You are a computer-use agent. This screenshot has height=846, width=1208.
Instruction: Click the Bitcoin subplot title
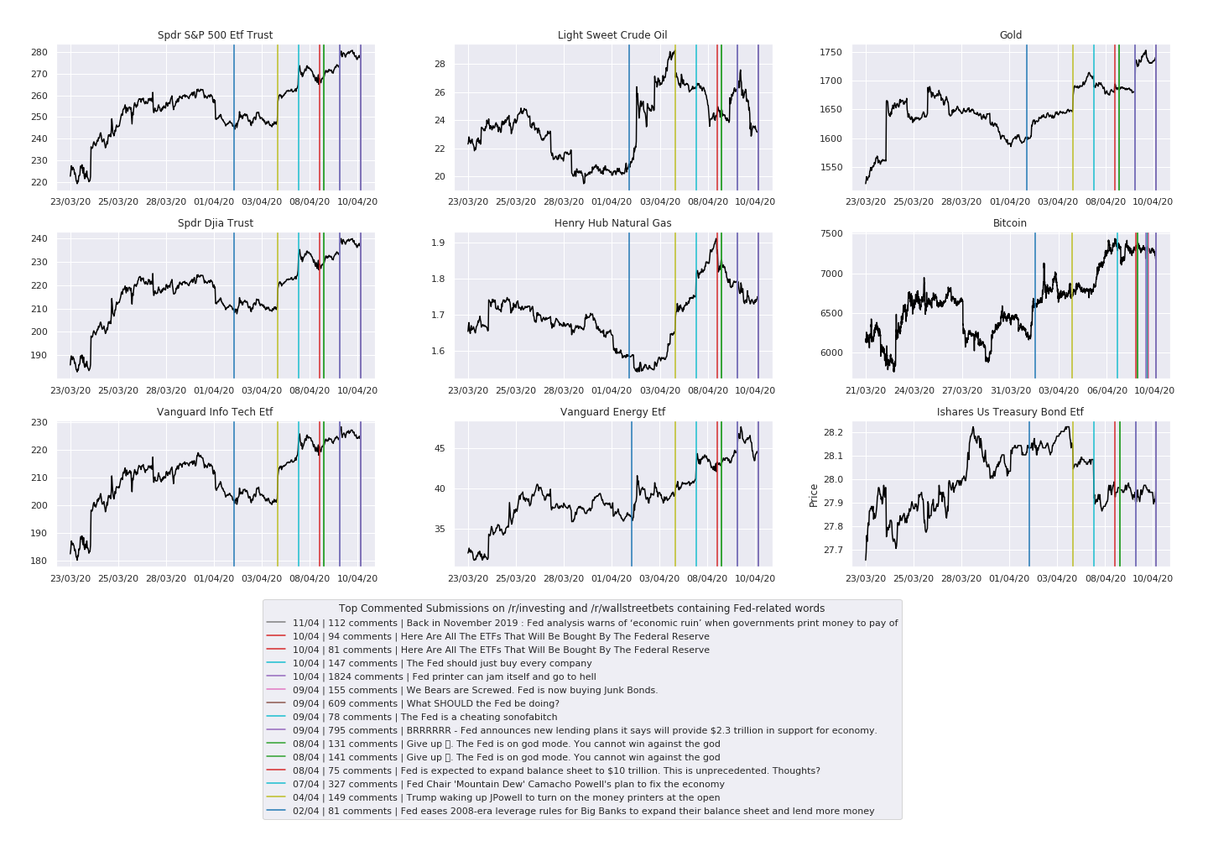click(1009, 223)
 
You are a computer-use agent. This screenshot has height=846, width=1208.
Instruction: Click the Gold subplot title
click(1010, 35)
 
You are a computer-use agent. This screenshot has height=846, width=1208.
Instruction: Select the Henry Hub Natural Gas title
click(612, 223)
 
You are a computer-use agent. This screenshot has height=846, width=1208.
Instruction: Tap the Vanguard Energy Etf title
click(612, 412)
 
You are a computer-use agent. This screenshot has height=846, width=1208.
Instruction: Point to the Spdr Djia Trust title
click(215, 223)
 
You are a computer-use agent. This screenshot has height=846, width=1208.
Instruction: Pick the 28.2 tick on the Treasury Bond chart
click(833, 432)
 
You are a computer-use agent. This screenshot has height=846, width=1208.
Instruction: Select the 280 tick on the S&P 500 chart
click(39, 52)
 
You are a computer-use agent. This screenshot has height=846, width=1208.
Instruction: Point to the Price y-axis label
click(814, 495)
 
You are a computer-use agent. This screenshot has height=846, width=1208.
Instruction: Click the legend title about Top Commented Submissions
click(581, 608)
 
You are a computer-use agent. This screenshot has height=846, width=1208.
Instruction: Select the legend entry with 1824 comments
click(445, 676)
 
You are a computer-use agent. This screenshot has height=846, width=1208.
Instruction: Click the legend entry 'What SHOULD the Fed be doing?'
click(426, 703)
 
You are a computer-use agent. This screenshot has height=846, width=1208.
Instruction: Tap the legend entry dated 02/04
click(583, 811)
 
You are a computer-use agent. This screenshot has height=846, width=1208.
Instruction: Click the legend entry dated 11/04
click(595, 623)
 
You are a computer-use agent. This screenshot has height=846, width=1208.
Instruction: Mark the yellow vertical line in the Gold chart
click(1072, 117)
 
